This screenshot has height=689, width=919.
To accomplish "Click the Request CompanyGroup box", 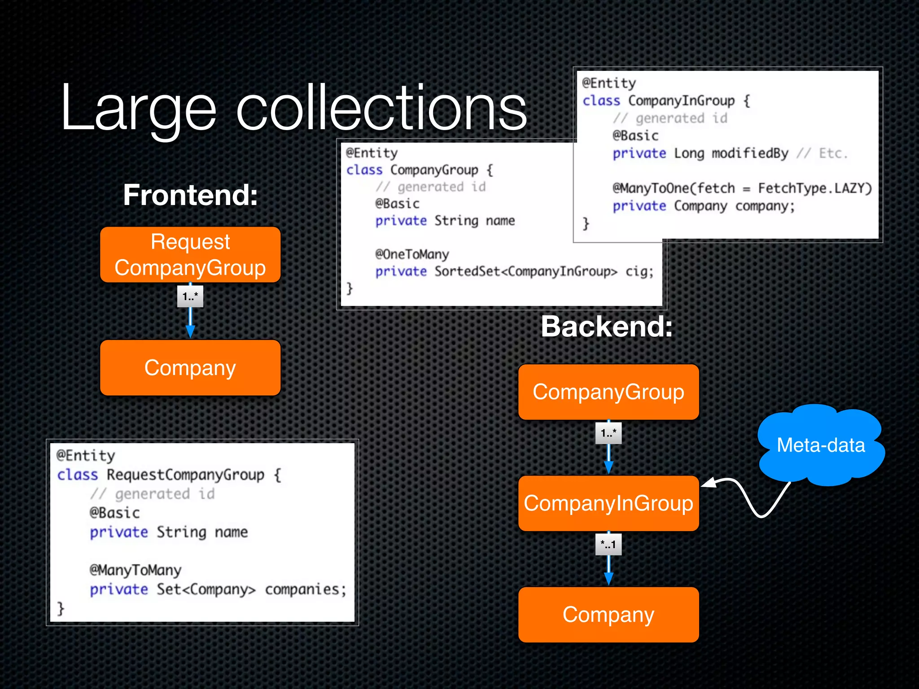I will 190,255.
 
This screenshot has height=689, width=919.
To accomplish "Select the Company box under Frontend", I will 190,368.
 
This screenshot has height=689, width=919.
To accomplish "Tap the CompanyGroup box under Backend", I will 608,392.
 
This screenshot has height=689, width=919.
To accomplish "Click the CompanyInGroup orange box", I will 608,503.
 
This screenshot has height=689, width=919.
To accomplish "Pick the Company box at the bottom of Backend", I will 608,615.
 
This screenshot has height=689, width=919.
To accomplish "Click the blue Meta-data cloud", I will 820,445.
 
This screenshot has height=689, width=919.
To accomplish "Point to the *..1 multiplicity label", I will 608,545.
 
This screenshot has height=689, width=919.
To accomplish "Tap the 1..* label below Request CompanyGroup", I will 190,297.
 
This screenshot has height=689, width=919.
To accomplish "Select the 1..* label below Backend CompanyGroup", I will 608,433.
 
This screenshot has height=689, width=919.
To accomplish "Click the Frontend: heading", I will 190,195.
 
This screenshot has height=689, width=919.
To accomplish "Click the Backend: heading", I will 607,326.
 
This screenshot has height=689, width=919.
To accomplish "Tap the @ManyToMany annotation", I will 136,570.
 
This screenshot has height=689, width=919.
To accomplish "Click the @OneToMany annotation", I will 412,255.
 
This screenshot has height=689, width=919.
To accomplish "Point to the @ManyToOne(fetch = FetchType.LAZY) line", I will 742,188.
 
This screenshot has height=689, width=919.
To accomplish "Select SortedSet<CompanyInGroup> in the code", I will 526,272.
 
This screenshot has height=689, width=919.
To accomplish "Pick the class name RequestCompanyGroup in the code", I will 185,475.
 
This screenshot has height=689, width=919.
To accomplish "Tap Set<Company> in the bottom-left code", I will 206,589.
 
